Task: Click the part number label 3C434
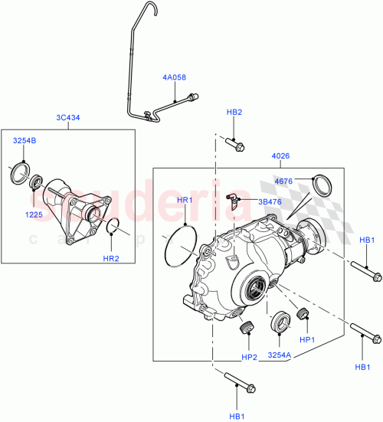click(68, 117)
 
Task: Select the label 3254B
click(24, 141)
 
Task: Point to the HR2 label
click(111, 257)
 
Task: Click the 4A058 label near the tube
click(174, 77)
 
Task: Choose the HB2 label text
click(234, 112)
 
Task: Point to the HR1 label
click(186, 201)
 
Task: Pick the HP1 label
click(308, 338)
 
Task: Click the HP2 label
click(249, 357)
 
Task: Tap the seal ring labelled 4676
click(325, 185)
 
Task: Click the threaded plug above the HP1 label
click(302, 314)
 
